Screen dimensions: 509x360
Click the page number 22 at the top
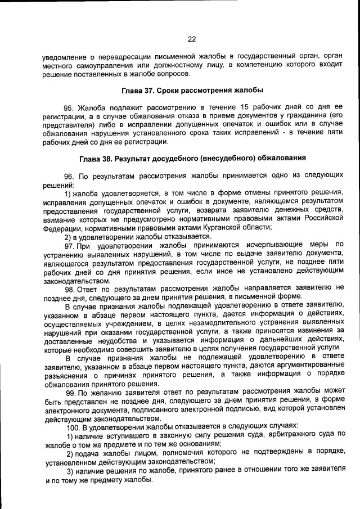[192, 39]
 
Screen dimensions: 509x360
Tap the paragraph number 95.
[69, 106]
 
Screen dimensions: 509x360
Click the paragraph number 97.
[70, 245]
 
